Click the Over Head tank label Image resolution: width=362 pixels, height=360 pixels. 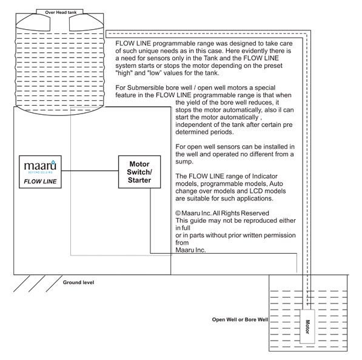pyautogui.click(x=61, y=12)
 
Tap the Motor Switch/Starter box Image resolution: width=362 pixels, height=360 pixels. pyautogui.click(x=139, y=172)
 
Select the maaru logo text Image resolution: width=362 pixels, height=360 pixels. pyautogui.click(x=40, y=166)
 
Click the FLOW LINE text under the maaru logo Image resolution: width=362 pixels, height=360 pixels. pyautogui.click(x=40, y=182)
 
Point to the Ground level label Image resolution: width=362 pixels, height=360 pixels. pyautogui.click(x=78, y=282)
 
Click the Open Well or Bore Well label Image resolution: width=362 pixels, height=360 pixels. pyautogui.click(x=240, y=319)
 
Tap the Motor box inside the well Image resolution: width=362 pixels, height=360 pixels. pyautogui.click(x=307, y=327)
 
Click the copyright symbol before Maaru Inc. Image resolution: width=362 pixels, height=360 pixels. pyautogui.click(x=178, y=213)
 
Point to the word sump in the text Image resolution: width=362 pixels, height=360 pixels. pyautogui.click(x=184, y=162)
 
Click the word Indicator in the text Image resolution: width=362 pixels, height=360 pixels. pyautogui.click(x=265, y=176)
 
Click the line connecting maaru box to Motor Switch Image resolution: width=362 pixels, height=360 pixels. pyautogui.click(x=90, y=171)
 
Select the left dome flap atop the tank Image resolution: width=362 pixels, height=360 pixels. pyautogui.click(x=33, y=22)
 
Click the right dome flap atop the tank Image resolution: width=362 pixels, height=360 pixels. pyautogui.click(x=86, y=22)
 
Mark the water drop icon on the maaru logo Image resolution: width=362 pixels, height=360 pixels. pyautogui.click(x=53, y=162)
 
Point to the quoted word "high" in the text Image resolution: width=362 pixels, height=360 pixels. pyautogui.click(x=124, y=73)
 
